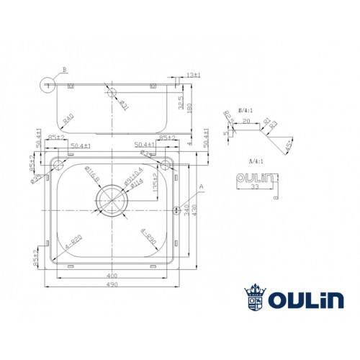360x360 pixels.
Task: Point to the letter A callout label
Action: (201, 185)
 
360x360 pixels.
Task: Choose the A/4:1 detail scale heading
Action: (250, 162)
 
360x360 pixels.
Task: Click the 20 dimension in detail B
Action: (246, 122)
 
